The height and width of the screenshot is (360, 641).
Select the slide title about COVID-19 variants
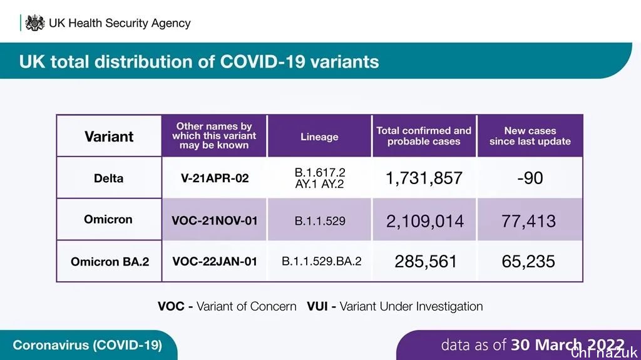tap(199, 61)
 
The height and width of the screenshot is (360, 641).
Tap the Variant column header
tap(109, 136)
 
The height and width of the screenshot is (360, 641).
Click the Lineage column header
tap(319, 136)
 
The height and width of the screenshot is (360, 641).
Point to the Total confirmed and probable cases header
tap(424, 136)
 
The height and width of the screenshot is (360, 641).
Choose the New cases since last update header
tap(530, 136)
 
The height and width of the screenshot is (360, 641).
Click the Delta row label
tap(109, 178)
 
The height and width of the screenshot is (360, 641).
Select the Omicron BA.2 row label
tap(110, 262)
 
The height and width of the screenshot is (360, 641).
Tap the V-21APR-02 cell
tap(215, 178)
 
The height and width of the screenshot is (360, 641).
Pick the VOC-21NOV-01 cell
tap(215, 220)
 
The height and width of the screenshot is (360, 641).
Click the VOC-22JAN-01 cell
tap(215, 262)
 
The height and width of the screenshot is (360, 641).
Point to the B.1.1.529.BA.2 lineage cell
tap(321, 262)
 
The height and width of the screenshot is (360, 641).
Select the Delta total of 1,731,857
tap(424, 178)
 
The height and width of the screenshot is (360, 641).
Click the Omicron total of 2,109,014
tap(425, 220)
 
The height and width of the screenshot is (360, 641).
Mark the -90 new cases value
tap(530, 178)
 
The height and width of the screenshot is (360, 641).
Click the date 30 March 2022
tap(567, 345)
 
